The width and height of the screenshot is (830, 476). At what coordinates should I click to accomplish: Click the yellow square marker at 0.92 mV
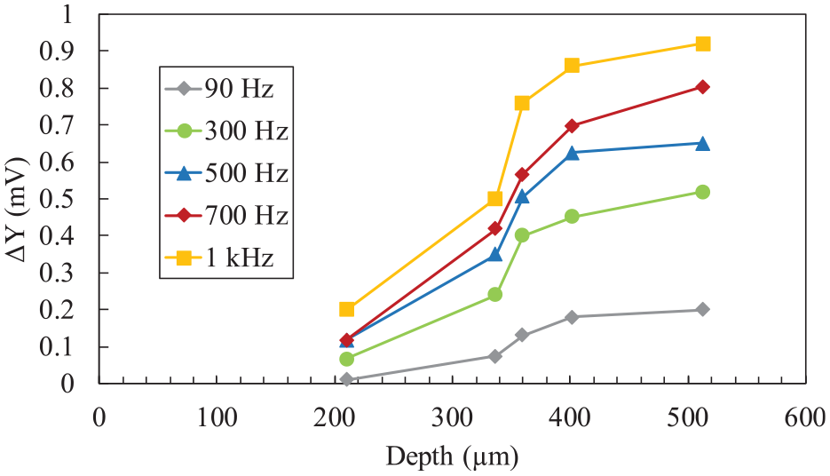pyautogui.click(x=702, y=44)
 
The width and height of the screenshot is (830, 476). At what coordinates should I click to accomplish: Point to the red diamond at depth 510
pyautogui.click(x=702, y=87)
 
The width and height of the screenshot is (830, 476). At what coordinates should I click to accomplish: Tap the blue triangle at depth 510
pyautogui.click(x=702, y=144)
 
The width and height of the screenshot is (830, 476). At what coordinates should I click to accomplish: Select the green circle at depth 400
pyautogui.click(x=572, y=216)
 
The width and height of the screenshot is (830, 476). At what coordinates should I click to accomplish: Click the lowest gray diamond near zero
pyautogui.click(x=347, y=379)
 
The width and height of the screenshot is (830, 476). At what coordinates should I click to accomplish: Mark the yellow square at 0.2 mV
pyautogui.click(x=347, y=309)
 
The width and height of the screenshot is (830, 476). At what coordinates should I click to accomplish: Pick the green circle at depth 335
pyautogui.click(x=495, y=294)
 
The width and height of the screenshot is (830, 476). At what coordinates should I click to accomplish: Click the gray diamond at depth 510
pyautogui.click(x=702, y=309)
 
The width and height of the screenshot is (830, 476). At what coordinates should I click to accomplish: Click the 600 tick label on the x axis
pyautogui.click(x=805, y=417)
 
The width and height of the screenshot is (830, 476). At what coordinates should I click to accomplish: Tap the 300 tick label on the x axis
pyautogui.click(x=452, y=417)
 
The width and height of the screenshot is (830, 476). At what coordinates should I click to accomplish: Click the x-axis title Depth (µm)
pyautogui.click(x=452, y=456)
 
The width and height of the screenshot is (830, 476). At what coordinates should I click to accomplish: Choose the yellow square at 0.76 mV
pyautogui.click(x=522, y=103)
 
